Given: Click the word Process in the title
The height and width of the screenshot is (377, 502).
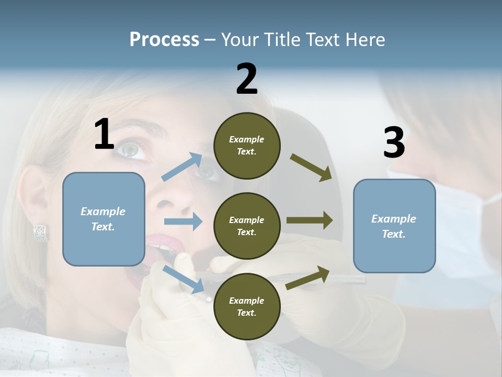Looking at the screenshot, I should [x=164, y=39].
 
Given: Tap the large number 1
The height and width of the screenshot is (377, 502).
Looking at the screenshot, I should [x=104, y=135].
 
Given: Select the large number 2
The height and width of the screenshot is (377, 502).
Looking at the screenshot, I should [x=247, y=79].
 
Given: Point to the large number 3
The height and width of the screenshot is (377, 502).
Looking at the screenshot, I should [x=394, y=143].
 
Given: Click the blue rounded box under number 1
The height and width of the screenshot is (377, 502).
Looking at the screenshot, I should [x=104, y=219].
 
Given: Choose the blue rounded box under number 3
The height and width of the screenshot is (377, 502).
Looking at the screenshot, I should [x=394, y=226].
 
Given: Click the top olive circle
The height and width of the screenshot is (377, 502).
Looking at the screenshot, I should [x=247, y=146].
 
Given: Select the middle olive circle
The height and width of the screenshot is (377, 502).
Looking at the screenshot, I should [x=247, y=226].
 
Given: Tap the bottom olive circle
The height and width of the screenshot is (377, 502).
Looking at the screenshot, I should [x=247, y=306].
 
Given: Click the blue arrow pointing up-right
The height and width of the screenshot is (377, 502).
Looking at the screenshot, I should [x=182, y=167].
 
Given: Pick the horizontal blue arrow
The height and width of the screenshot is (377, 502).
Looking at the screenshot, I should [x=183, y=221].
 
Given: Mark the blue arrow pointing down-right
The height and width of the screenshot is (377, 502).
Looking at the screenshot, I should [x=183, y=280].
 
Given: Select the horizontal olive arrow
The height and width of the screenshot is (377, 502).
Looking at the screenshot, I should [x=310, y=220].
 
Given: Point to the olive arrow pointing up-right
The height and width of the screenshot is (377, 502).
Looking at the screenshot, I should [x=308, y=278].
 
